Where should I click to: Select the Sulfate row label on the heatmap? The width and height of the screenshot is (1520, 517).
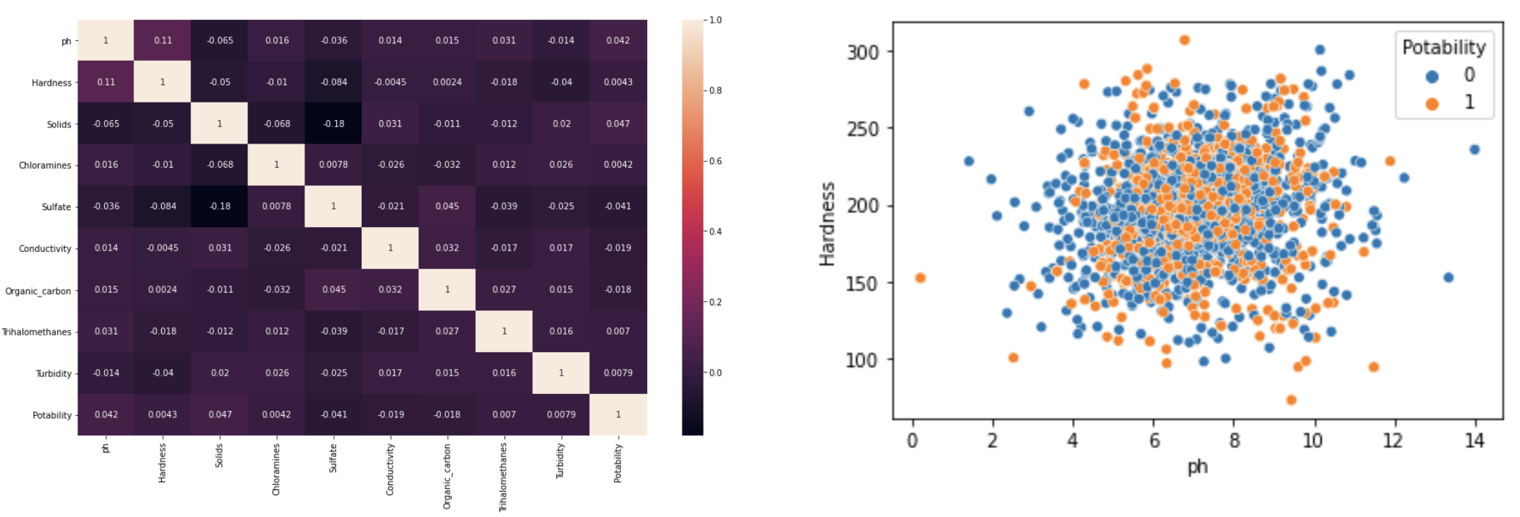pos(56,207)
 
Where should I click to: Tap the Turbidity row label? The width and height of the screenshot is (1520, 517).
pos(53,373)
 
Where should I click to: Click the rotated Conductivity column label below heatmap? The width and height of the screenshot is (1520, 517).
pos(390,469)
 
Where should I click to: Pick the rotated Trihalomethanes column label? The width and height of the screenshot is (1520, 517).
pos(504,477)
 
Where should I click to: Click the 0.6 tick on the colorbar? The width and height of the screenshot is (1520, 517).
pos(715,161)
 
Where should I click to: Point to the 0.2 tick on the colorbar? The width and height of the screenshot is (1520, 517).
pos(715,302)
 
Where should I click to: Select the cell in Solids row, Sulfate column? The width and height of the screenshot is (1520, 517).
pos(334,123)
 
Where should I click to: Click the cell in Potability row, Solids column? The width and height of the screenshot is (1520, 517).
pos(220,414)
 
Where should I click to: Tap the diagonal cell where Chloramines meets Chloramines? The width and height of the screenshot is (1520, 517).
pos(277,165)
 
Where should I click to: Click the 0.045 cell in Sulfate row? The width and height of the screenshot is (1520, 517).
pos(447,207)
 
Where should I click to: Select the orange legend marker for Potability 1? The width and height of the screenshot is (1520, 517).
pos(1432,103)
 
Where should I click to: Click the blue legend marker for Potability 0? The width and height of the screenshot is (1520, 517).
pos(1432,76)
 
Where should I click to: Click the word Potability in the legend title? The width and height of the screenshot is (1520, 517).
pos(1443,48)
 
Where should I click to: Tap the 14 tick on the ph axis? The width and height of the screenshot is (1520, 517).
pos(1474,440)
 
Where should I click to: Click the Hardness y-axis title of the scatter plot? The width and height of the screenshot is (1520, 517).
pos(827,224)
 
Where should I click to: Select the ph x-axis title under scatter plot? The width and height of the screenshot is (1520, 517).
pos(1197,466)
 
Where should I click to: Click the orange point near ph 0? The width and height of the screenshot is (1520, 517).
pos(920,278)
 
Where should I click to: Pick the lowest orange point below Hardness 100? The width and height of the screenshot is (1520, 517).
pos(1291,400)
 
